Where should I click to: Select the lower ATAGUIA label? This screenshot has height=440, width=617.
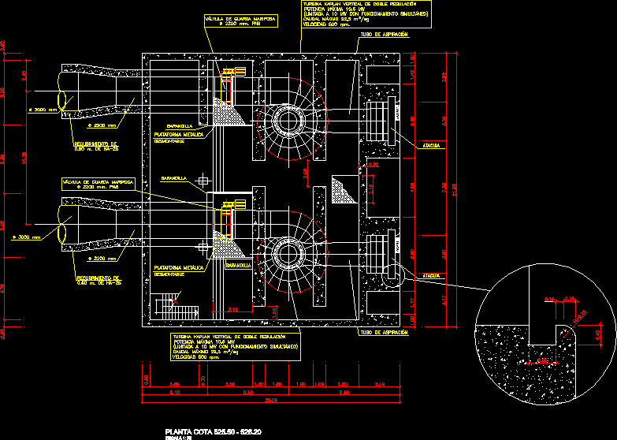coord(431,275)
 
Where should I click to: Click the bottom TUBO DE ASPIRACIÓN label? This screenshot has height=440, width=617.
coord(384,333)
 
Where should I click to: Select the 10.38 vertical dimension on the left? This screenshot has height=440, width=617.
coord(24,158)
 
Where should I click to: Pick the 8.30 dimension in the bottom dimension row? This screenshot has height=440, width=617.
coord(249,392)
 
